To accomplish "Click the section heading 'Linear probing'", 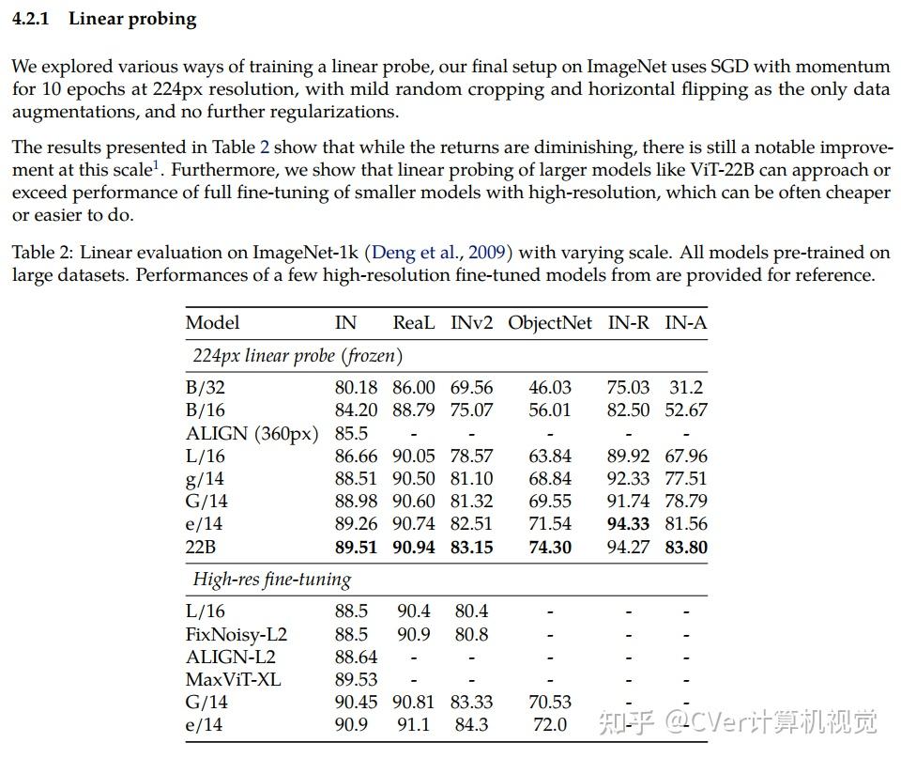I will (132, 20).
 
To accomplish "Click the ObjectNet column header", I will (550, 322).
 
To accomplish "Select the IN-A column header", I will (686, 322).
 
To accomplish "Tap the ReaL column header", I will (414, 322).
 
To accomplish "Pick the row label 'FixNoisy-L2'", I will (236, 634).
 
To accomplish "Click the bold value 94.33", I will (629, 524).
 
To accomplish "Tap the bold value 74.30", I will (550, 547).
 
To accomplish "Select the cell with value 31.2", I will (686, 387).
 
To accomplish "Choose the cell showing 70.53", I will (550, 702).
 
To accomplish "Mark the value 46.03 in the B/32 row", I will (550, 387).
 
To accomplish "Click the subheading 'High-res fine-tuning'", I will (271, 580).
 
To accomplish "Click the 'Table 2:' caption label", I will (43, 253).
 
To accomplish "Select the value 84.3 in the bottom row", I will (471, 724).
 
